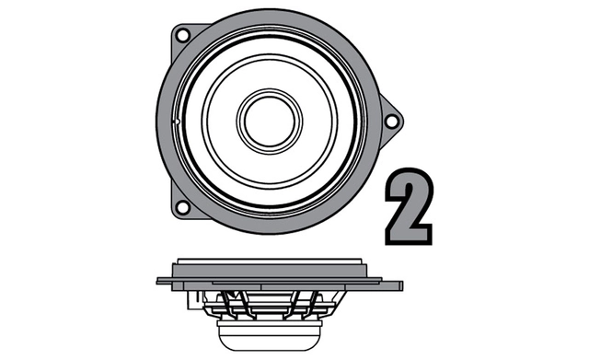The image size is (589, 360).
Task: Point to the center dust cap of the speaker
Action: (x=268, y=118)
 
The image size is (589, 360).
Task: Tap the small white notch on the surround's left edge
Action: (x=174, y=120)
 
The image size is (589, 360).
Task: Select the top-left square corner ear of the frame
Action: (x=178, y=33)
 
